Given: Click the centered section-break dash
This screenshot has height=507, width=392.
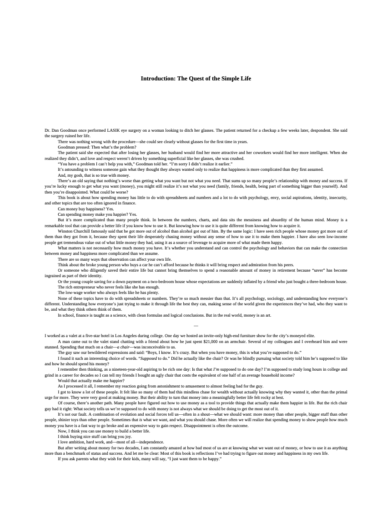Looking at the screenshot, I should pos(196,326).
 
